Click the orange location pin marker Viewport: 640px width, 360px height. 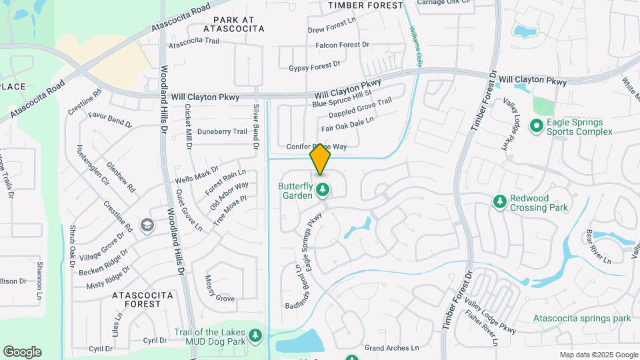click(x=321, y=159)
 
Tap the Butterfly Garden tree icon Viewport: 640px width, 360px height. click(x=323, y=191)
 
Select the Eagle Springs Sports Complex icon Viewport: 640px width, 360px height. click(x=536, y=125)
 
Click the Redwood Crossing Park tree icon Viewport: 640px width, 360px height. click(x=499, y=201)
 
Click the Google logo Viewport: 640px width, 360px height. click(x=22, y=352)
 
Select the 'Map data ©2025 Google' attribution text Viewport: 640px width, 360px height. click(x=598, y=355)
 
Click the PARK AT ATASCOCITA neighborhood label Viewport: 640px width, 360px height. click(x=229, y=25)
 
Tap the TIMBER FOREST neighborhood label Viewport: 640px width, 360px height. click(x=366, y=5)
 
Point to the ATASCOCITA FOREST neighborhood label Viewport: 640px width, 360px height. click(x=137, y=299)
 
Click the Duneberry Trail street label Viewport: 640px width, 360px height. click(x=222, y=131)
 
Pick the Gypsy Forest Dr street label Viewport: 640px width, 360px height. click(x=315, y=67)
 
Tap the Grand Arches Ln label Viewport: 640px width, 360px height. click(x=391, y=348)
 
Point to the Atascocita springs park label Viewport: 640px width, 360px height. click(x=582, y=319)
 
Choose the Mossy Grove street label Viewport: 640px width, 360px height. click(x=219, y=289)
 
